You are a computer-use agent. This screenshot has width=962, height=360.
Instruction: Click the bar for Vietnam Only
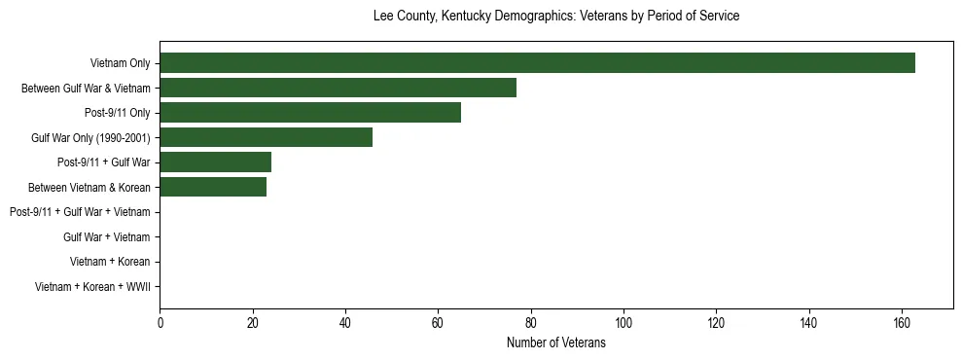pyautogui.click(x=537, y=63)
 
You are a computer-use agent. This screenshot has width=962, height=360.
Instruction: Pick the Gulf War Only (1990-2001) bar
pyautogui.click(x=266, y=137)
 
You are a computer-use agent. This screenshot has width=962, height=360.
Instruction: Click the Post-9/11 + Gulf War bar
pyautogui.click(x=215, y=162)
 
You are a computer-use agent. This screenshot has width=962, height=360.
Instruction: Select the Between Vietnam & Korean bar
pyautogui.click(x=213, y=187)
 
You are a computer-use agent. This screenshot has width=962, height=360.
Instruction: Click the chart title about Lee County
pyautogui.click(x=556, y=17)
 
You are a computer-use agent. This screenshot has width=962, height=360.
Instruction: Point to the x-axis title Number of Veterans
pyautogui.click(x=556, y=343)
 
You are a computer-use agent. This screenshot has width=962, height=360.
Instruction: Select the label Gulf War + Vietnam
pyautogui.click(x=107, y=237)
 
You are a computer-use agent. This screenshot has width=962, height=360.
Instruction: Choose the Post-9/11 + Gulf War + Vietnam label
pyautogui.click(x=80, y=212)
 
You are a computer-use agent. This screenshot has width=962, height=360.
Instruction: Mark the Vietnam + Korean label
pyautogui.click(x=110, y=262)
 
